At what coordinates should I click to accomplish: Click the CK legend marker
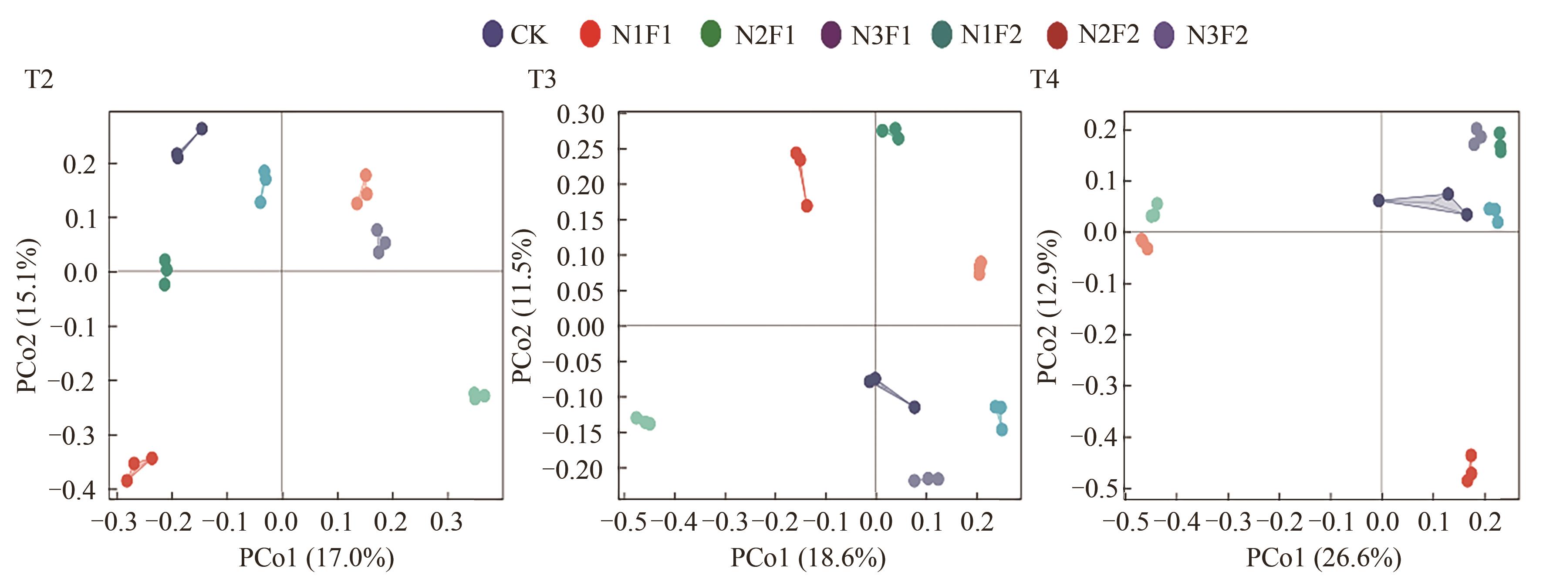493,34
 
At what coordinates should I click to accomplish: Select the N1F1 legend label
642,35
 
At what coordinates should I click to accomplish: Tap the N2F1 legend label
765,35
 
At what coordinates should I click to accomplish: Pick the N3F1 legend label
881,35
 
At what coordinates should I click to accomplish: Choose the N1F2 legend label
991,35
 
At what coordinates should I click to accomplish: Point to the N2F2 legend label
1109,35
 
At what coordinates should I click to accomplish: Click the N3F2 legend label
1217,35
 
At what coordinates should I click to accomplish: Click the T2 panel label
39,79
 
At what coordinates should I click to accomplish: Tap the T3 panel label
542,79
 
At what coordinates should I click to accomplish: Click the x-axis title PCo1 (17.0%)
316,558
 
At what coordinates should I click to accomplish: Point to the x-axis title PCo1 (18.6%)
807,558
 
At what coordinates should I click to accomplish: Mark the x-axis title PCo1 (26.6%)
1324,558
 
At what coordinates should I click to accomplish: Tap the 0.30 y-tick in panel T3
581,114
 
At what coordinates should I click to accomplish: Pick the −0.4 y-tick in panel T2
72,490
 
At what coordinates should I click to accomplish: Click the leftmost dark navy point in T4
1379,200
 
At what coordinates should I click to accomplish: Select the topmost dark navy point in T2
202,128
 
